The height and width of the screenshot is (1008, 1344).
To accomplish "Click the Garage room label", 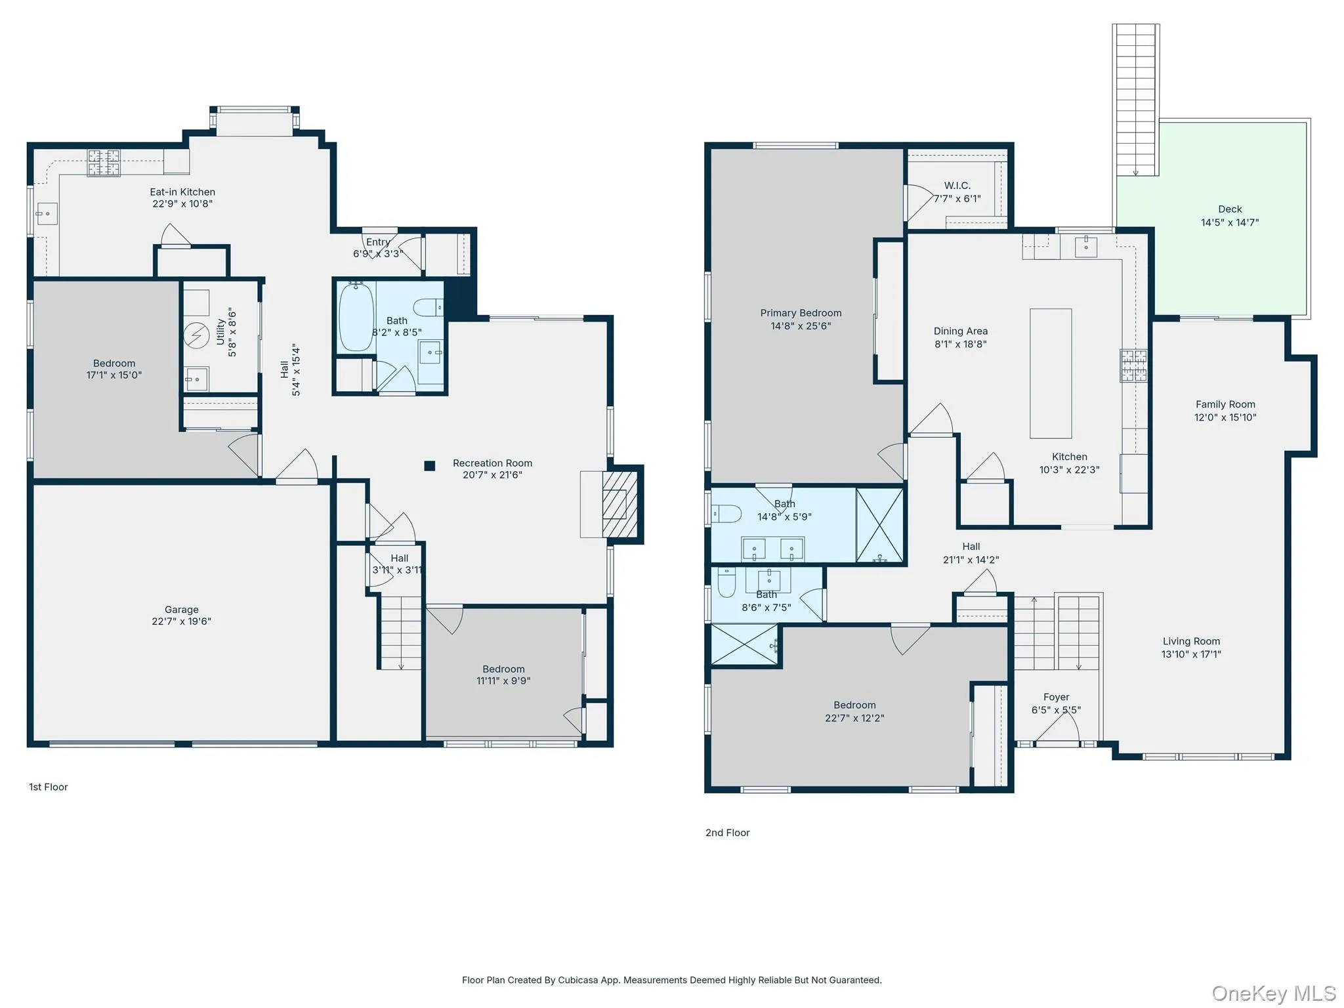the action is pyautogui.click(x=181, y=610).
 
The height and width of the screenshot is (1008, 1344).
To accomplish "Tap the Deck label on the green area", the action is pyautogui.click(x=1230, y=209).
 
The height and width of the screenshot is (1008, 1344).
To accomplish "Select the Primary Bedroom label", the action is pyautogui.click(x=801, y=313).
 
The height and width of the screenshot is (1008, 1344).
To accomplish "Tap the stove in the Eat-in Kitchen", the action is pyautogui.click(x=104, y=163).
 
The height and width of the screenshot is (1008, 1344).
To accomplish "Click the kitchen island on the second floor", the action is pyautogui.click(x=1051, y=373).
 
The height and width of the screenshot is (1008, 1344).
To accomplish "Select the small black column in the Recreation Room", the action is pyautogui.click(x=430, y=466).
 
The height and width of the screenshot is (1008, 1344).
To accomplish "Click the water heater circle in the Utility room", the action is pyautogui.click(x=196, y=336).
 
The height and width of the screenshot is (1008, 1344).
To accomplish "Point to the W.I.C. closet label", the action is pyautogui.click(x=957, y=186).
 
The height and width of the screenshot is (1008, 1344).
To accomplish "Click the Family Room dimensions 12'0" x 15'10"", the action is pyautogui.click(x=1225, y=417).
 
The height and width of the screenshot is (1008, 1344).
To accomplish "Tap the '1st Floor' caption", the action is pyautogui.click(x=49, y=787).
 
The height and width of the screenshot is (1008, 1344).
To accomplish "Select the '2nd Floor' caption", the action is pyautogui.click(x=727, y=833).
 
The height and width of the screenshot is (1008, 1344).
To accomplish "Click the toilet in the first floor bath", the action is pyautogui.click(x=429, y=307).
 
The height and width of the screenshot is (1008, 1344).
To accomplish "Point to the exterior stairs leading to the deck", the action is pyautogui.click(x=1135, y=100).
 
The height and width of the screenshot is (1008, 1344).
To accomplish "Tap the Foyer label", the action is pyautogui.click(x=1056, y=697).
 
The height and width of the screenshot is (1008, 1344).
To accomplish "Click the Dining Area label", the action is pyautogui.click(x=961, y=331).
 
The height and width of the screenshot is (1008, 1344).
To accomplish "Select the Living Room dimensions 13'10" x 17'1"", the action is pyautogui.click(x=1191, y=654).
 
